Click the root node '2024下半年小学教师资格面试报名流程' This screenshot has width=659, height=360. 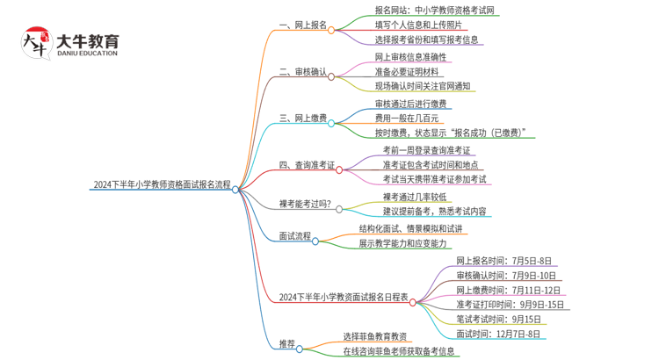[162, 185]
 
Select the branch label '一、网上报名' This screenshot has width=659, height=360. [302, 27]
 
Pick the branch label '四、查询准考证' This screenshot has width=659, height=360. [307, 164]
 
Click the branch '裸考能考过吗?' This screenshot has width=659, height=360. [305, 205]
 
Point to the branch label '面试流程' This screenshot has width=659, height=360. [295, 236]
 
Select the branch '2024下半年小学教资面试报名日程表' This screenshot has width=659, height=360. [344, 298]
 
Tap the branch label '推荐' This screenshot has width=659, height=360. [287, 344]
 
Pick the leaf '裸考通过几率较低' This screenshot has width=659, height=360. [415, 197]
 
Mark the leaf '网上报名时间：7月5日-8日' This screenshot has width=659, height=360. [503, 261]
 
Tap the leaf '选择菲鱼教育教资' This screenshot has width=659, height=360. [375, 336]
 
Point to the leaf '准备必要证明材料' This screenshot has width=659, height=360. [406, 72]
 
